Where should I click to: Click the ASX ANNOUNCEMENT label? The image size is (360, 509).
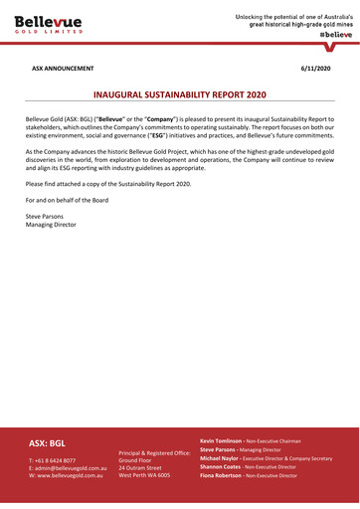[x=63, y=69]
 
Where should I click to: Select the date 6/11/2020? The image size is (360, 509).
[x=317, y=69]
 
